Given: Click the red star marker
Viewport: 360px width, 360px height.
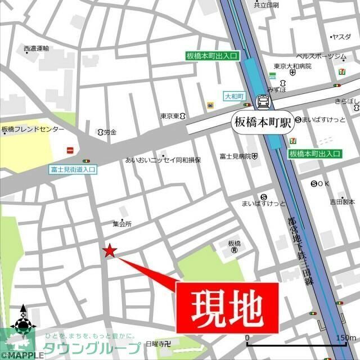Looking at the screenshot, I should pyautogui.click(x=110, y=251).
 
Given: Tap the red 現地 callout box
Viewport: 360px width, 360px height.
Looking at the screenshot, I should pyautogui.click(x=228, y=307).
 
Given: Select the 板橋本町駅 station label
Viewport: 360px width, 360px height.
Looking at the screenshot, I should pyautogui.click(x=263, y=122).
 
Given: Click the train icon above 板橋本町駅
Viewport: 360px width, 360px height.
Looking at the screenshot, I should pyautogui.click(x=263, y=102).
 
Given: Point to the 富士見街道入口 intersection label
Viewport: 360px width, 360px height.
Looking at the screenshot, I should pyautogui.click(x=73, y=168).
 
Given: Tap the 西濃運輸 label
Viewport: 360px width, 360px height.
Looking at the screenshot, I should pyautogui.click(x=37, y=49).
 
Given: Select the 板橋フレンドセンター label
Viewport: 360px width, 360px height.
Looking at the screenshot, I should pyautogui.click(x=33, y=129).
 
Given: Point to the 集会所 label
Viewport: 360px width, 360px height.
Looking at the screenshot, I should pyautogui.click(x=121, y=223).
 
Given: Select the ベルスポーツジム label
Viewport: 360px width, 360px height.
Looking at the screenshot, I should pyautogui.click(x=321, y=57).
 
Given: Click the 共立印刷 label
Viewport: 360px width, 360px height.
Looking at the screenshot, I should pyautogui.click(x=266, y=5).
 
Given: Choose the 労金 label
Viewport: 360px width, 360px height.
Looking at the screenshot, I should pyautogui.click(x=109, y=132).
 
